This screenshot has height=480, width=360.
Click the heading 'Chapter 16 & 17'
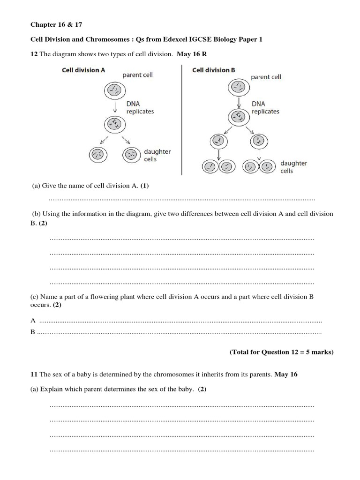pos(52,24)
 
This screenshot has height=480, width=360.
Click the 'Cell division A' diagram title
pos(83,70)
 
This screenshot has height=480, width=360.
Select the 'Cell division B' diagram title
pos(214,70)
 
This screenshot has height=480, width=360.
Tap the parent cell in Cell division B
pos(239,86)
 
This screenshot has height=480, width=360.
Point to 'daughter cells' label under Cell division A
pos(157,155)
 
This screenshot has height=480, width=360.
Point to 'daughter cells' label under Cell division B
pos(293,167)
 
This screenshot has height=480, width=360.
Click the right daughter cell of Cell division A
pos(131,154)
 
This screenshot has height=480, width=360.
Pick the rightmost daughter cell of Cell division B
pos(268,166)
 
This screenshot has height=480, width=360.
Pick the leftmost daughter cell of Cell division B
pos(210,166)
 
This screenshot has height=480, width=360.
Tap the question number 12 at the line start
pos(34,54)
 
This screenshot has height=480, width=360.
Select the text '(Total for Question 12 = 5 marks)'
pos(281,352)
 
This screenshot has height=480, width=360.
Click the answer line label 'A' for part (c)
pos(33,321)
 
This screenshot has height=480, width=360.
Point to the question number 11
pos(34,375)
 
